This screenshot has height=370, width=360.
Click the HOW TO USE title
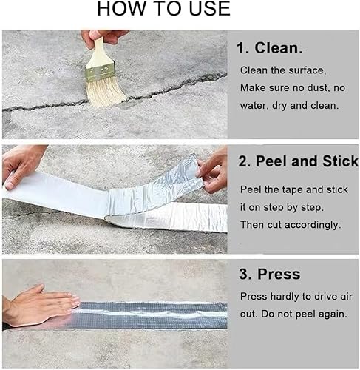164,9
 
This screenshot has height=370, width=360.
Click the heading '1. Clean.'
270,47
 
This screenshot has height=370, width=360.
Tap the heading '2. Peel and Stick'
298,161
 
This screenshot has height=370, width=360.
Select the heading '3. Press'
270,274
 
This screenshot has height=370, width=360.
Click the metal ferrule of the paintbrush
100,72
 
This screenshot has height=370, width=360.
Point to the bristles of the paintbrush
106,92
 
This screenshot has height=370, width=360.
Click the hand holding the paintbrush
103,37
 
